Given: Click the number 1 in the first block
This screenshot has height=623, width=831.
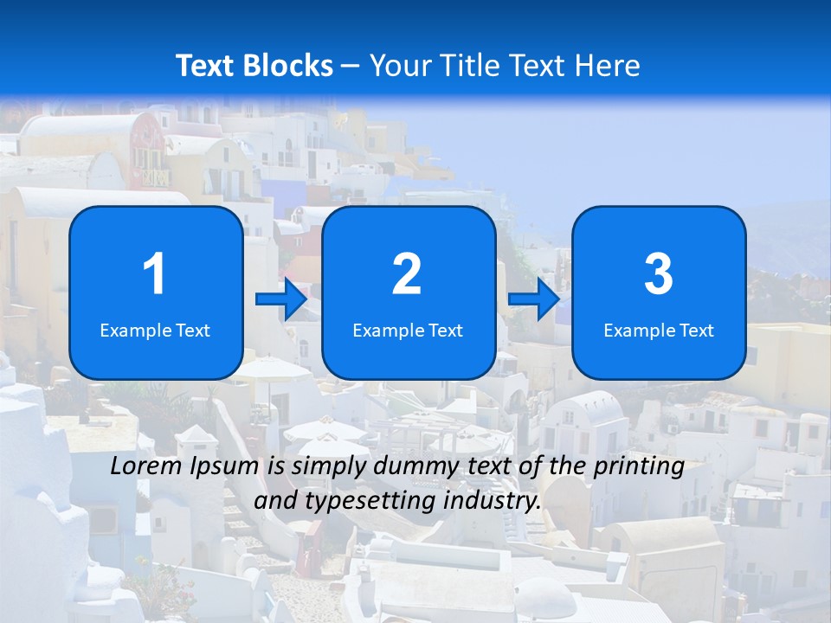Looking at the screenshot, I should click(154, 274).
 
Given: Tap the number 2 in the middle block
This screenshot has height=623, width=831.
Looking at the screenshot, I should click(407, 274).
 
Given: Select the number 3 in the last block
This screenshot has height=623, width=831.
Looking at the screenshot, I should click(659, 274).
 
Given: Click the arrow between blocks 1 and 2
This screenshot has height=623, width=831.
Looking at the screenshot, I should click(281, 299).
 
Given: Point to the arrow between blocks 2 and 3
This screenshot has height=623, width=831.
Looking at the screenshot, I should click(533, 299).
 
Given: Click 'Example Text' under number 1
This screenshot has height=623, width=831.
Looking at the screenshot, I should click(155, 331).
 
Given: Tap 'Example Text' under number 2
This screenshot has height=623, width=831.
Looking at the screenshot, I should click(408, 331).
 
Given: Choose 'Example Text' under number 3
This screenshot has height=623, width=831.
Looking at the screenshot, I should click(659, 331).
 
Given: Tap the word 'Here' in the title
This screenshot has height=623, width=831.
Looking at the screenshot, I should click(605, 66).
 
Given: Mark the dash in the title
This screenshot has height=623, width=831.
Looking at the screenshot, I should click(351, 67).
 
